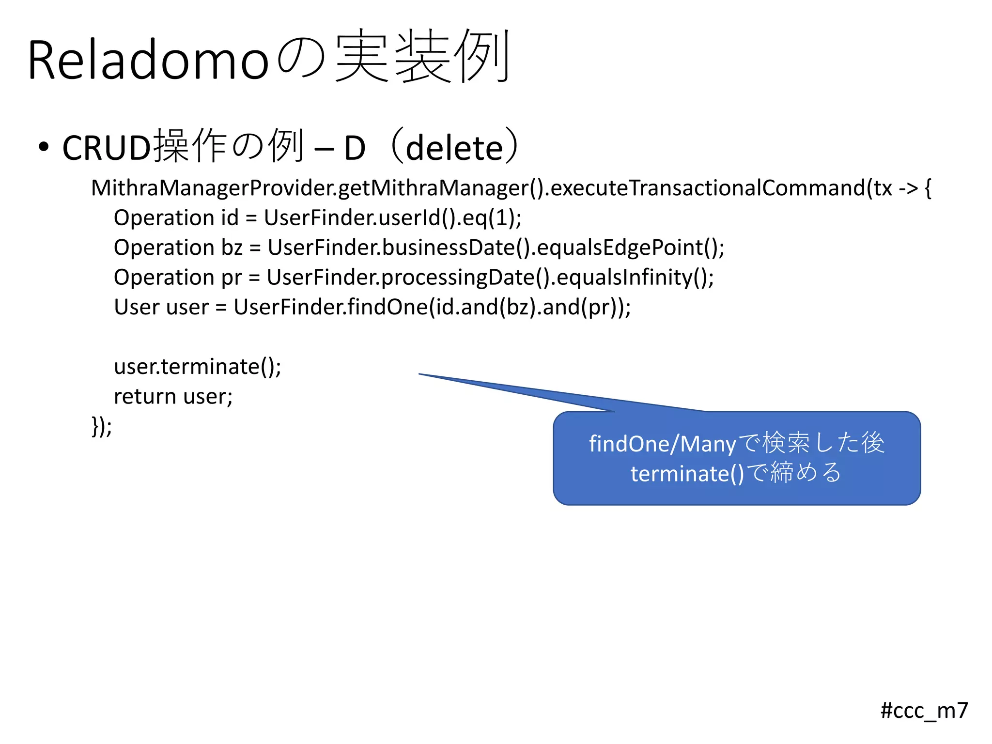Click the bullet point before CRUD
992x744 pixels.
(x=44, y=147)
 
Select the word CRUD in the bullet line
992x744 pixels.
(x=107, y=148)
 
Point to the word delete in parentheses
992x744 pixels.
(x=454, y=148)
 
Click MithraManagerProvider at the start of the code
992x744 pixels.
(x=213, y=188)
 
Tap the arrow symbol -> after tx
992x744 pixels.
(x=908, y=188)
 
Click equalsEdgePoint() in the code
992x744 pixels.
(x=630, y=248)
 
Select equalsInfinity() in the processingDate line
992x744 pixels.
(x=635, y=278)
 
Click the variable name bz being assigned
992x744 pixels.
(x=232, y=248)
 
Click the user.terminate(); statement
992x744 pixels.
(x=197, y=367)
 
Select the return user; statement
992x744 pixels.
(x=173, y=397)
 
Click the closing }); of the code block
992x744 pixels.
(x=102, y=427)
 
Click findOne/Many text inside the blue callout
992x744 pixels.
(x=662, y=444)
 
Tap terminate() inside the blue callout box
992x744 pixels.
(x=687, y=474)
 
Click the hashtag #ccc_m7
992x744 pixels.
(x=924, y=711)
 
